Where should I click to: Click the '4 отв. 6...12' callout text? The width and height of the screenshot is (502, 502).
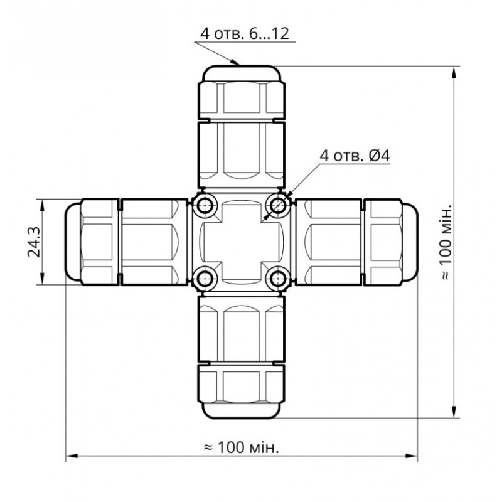coord(244,34)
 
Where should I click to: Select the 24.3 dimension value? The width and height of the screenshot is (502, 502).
coord(34,242)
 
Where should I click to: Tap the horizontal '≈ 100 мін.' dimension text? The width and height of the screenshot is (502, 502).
coord(242,447)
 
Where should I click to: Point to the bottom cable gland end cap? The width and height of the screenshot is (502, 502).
coord(242,392)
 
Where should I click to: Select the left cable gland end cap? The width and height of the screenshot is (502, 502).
coord(91,242)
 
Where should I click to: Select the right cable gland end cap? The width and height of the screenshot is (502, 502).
coord(392,242)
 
